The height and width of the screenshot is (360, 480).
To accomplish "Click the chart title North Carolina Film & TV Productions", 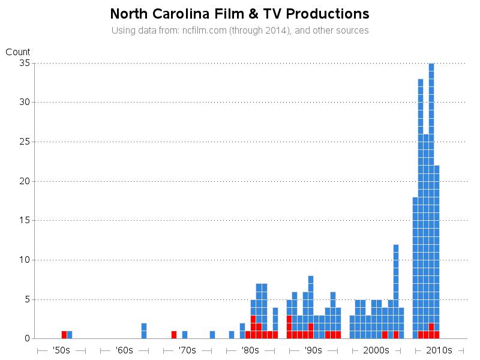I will (240, 14).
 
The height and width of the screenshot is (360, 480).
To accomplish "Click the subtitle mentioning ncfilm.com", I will (240, 30).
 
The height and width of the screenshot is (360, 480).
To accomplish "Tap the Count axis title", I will (18, 52).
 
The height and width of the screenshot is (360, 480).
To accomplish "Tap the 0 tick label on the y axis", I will (27, 338).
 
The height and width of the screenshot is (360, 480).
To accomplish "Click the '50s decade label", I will (61, 350).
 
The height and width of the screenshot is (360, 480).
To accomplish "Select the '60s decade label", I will (124, 350).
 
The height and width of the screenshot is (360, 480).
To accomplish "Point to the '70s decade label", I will (187, 350).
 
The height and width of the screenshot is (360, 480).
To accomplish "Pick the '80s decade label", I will (250, 350).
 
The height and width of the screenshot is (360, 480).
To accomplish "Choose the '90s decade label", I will (313, 350).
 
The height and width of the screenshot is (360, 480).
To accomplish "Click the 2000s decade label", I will (376, 350).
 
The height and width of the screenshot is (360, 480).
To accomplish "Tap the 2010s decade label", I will (439, 350).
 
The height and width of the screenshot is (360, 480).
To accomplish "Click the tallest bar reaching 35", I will (431, 198).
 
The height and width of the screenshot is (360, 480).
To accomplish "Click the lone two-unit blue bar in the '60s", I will (144, 331).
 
